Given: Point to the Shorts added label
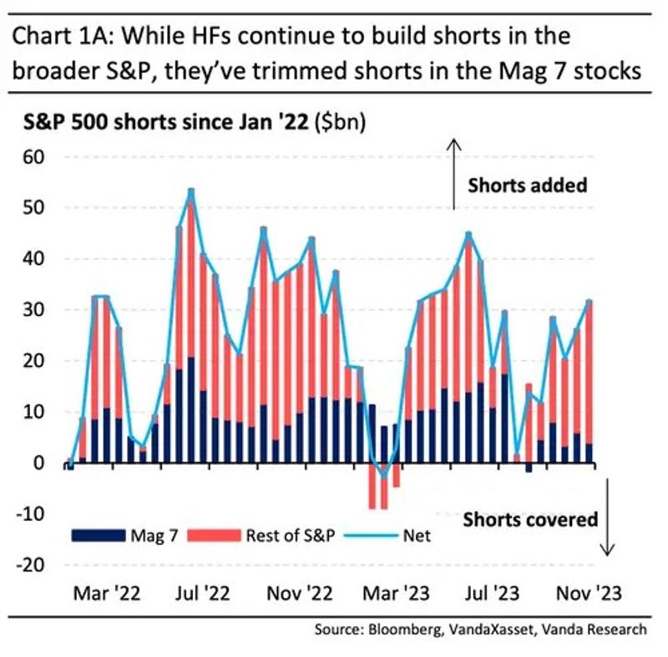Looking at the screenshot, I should tap(527, 185).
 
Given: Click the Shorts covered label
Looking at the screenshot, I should tap(531, 519).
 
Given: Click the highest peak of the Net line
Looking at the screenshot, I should tap(191, 191).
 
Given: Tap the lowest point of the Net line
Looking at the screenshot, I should tap(384, 476).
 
